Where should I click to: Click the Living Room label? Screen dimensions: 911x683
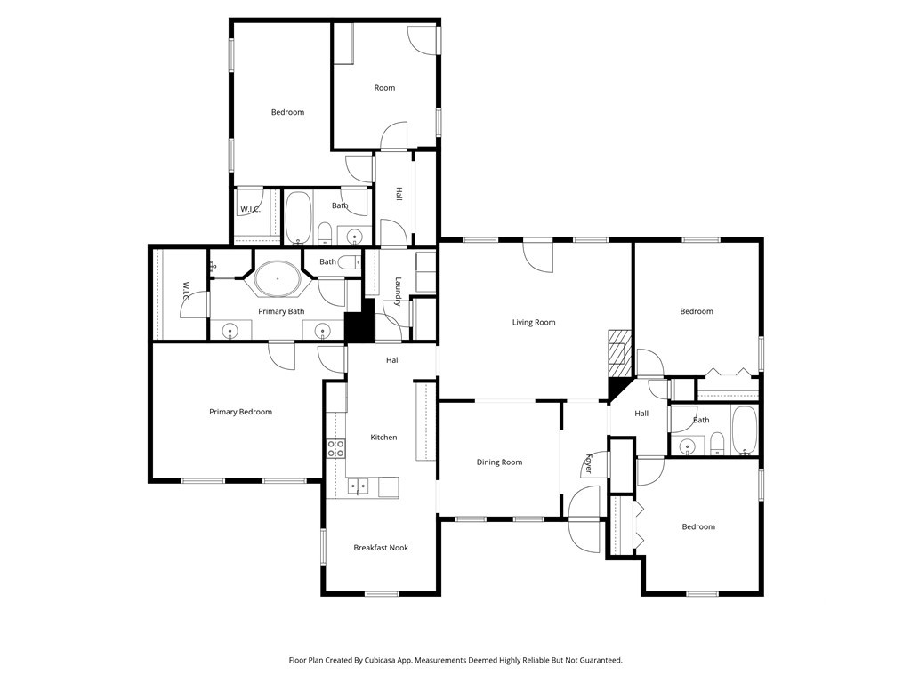pyautogui.click(x=534, y=322)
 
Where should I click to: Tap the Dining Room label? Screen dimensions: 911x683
pyautogui.click(x=499, y=462)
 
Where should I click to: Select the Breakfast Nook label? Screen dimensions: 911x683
pyautogui.click(x=381, y=548)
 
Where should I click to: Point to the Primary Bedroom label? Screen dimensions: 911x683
pyautogui.click(x=240, y=412)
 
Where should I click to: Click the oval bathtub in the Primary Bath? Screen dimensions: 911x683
pyautogui.click(x=278, y=278)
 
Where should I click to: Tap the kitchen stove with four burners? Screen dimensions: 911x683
pyautogui.click(x=335, y=448)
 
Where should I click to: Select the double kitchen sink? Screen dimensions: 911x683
pyautogui.click(x=358, y=486)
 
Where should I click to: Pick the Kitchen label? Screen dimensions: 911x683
pyautogui.click(x=383, y=438)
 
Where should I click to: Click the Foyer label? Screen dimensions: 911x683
pyautogui.click(x=589, y=463)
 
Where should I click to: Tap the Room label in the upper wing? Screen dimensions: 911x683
pyautogui.click(x=384, y=88)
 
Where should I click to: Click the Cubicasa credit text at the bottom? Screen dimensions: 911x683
pyautogui.click(x=455, y=660)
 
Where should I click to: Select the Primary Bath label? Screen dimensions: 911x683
pyautogui.click(x=281, y=311)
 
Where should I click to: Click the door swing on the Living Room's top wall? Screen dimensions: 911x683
pyautogui.click(x=538, y=256)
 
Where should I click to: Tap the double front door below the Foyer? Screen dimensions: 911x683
pyautogui.click(x=585, y=519)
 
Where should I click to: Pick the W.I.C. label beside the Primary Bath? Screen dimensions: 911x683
pyautogui.click(x=186, y=292)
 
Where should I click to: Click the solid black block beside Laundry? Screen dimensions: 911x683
pyautogui.click(x=360, y=321)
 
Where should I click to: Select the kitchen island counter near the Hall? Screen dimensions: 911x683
pyautogui.click(x=425, y=421)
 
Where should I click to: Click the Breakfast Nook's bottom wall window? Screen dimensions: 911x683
pyautogui.click(x=383, y=593)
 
